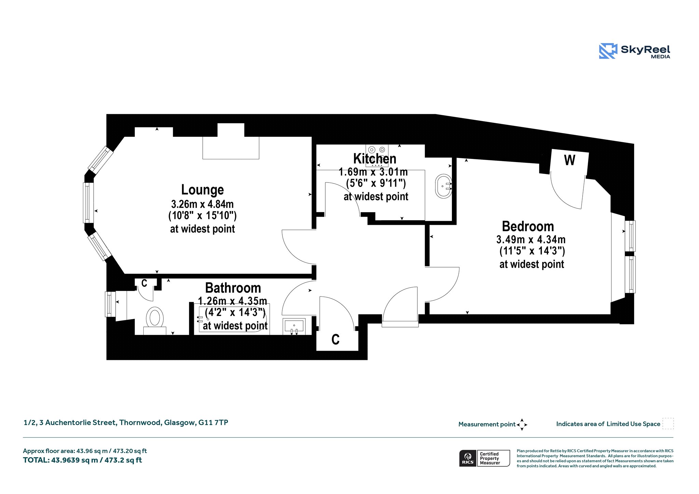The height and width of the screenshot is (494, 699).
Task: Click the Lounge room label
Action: click(202, 190)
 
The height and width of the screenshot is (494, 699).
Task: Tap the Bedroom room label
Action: click(528, 226)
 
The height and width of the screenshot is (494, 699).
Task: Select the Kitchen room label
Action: click(375, 159)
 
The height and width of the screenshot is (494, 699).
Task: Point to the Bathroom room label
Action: click(233, 288)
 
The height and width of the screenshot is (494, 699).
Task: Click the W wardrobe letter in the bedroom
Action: click(570, 160)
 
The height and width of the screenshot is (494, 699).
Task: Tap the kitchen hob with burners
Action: click(377, 155)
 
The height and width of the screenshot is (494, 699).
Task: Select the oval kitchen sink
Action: click(444, 186)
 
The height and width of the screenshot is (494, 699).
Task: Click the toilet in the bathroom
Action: click(155, 320)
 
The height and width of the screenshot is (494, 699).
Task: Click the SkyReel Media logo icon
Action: click(608, 51)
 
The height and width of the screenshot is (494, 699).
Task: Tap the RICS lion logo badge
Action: click(468, 458)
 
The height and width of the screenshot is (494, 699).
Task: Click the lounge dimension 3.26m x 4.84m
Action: click(202, 204)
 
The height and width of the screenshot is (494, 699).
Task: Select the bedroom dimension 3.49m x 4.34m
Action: click(531, 239)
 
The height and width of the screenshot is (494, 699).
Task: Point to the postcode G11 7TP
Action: click(213, 422)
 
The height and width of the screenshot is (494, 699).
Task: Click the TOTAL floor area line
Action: click(83, 460)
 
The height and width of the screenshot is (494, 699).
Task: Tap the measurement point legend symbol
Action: click(522, 424)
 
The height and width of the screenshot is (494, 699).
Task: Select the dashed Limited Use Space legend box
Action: click(668, 423)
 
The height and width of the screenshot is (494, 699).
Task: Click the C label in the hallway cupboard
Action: click(336, 339)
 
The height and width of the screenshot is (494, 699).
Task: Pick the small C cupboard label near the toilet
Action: click(144, 283)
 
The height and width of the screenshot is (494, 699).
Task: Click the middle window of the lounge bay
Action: click(88, 203)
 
